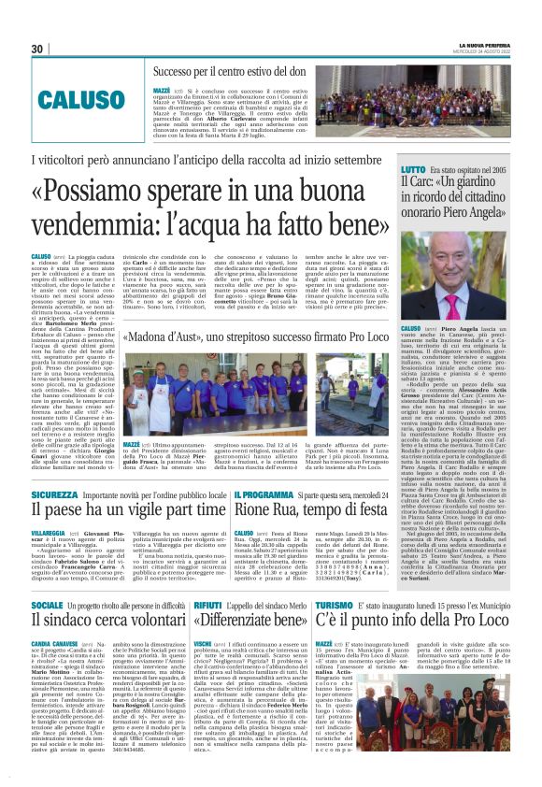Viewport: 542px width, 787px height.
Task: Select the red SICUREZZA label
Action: [x=53, y=494]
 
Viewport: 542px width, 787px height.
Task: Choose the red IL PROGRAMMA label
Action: [x=265, y=494]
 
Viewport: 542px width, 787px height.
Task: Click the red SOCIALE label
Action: [x=48, y=607]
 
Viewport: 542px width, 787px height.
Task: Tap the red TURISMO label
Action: [x=334, y=607]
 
